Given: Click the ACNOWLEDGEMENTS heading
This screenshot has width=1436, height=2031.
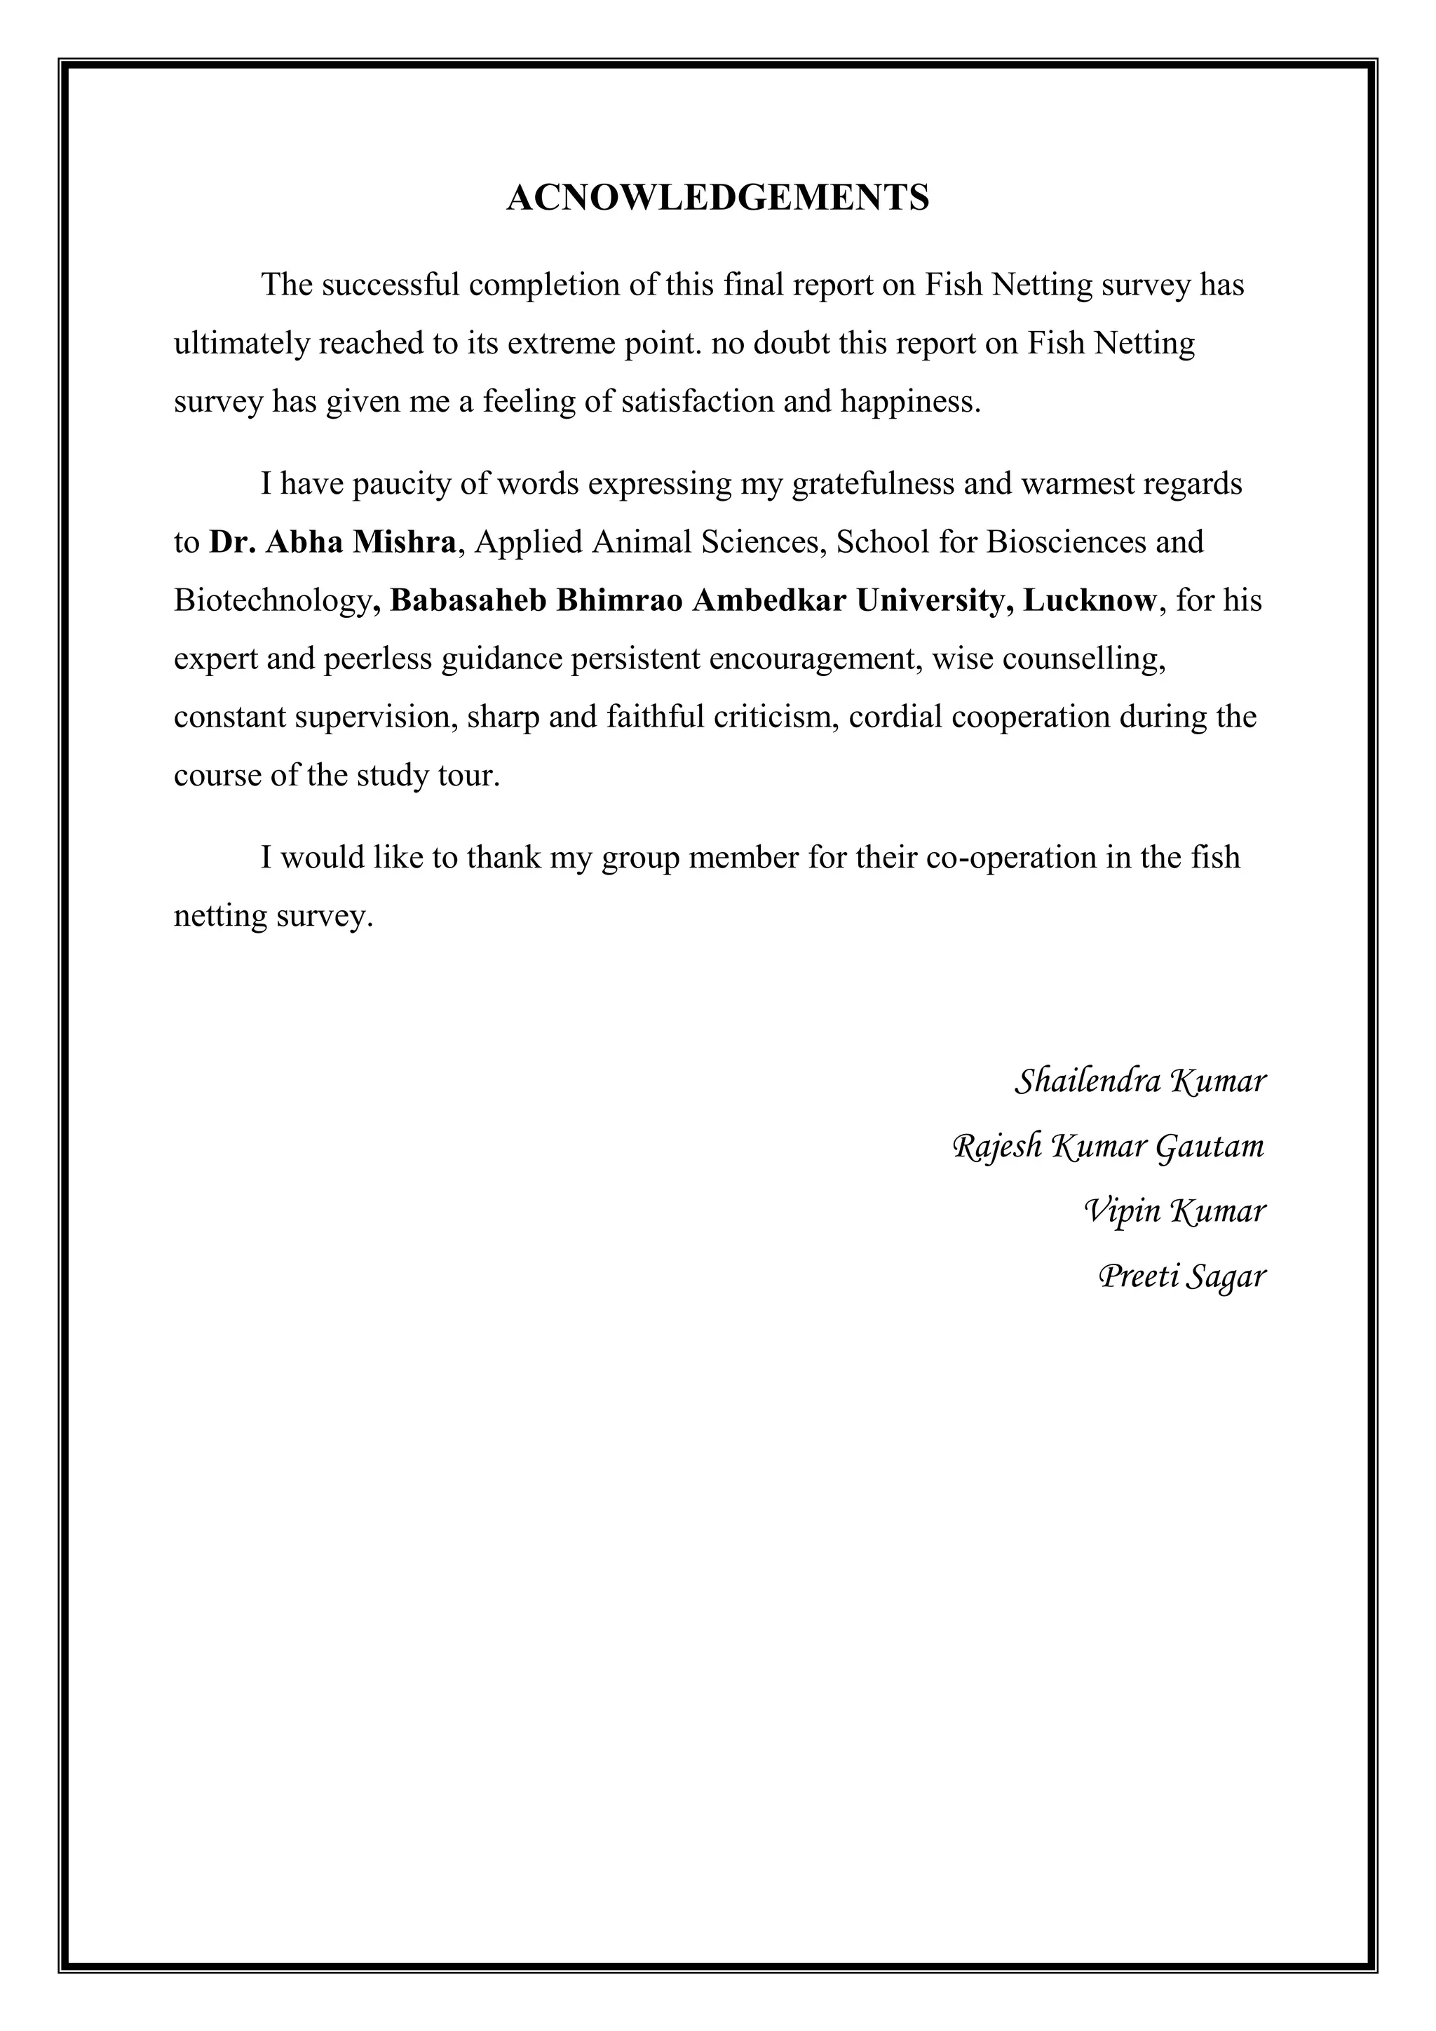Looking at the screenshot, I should (717, 197).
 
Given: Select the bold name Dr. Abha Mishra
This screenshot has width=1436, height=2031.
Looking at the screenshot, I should (332, 542).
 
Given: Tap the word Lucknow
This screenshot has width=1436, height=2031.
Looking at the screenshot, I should (1090, 600).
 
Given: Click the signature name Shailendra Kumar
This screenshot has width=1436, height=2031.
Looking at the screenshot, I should (1140, 1081).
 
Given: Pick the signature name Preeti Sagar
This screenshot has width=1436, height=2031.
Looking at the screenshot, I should (1181, 1276).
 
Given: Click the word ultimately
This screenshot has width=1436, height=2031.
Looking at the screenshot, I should (241, 343).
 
